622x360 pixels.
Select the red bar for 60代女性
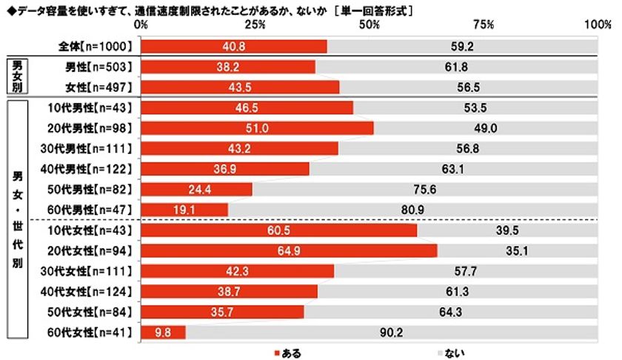click(x=163, y=333)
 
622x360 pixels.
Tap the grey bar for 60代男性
click(x=412, y=210)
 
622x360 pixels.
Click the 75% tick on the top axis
click(x=484, y=24)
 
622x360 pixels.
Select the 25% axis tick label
click(x=255, y=24)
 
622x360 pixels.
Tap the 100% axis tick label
click(x=596, y=24)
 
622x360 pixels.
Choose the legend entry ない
click(x=449, y=353)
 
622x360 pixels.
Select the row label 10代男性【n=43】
click(x=92, y=107)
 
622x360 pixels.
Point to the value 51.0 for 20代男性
click(x=256, y=128)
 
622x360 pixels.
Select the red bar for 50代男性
click(x=196, y=190)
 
